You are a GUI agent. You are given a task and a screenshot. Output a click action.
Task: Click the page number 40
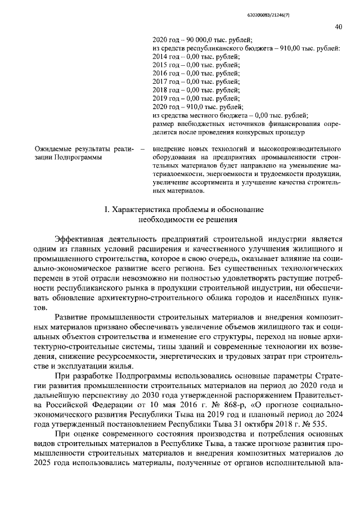click(339, 26)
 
